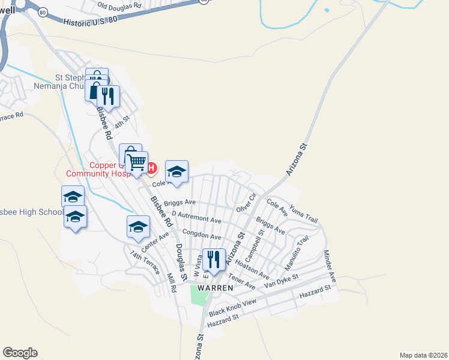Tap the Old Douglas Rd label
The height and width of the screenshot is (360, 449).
point(119,5)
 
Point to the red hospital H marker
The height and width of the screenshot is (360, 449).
point(152,167)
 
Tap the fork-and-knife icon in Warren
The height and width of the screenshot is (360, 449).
point(214,259)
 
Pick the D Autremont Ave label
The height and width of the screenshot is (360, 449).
point(196,217)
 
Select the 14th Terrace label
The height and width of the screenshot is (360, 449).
point(144,262)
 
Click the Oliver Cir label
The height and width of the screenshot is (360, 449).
point(246,202)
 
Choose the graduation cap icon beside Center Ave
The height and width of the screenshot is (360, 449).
point(138,227)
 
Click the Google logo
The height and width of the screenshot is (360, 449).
point(20,353)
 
